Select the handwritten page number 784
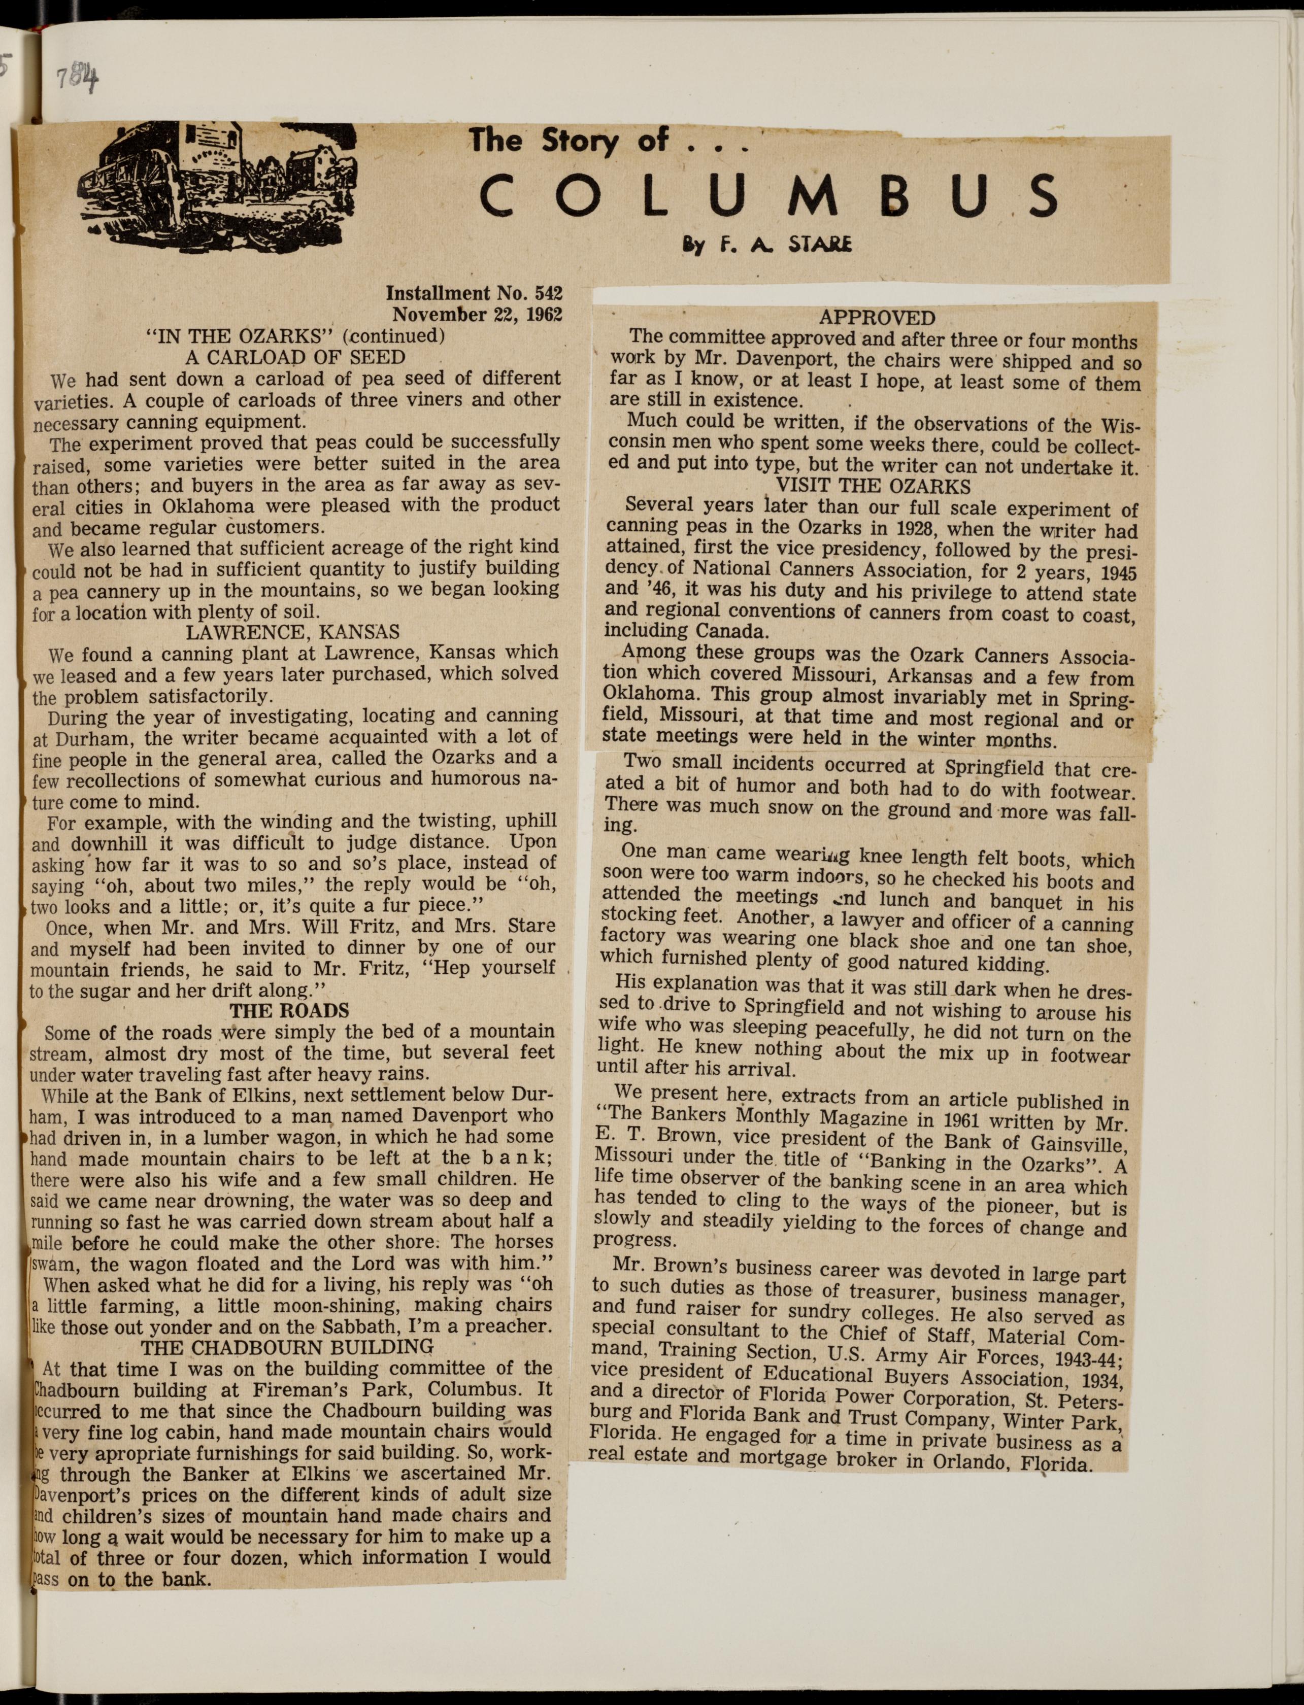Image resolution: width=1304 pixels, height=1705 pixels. coord(80,78)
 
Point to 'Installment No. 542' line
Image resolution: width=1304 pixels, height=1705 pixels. coord(474,294)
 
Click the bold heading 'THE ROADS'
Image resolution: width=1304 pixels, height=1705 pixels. coord(289,1010)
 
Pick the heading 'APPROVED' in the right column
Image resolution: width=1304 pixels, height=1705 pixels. coord(877,318)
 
